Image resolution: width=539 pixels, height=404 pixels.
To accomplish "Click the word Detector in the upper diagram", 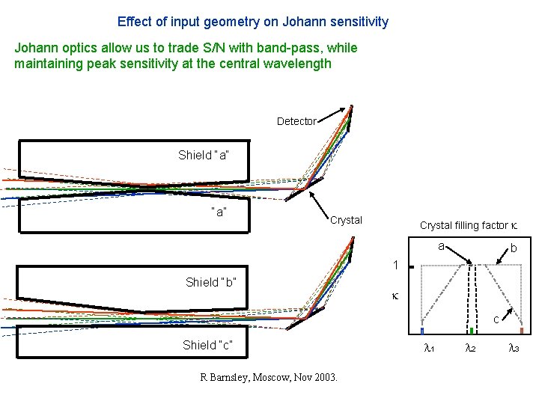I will (x=296, y=121).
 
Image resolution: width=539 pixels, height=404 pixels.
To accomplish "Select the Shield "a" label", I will (x=203, y=155).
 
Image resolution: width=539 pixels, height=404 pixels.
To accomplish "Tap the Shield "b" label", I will (x=211, y=282).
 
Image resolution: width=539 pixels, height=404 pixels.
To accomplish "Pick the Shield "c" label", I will (x=207, y=345).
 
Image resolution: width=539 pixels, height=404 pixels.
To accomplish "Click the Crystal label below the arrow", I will (x=346, y=220).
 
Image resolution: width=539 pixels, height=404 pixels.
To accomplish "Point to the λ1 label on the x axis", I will (x=429, y=348).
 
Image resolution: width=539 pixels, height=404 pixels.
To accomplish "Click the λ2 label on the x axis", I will (x=470, y=348).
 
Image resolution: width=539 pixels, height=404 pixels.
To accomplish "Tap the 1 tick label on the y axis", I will (x=396, y=265).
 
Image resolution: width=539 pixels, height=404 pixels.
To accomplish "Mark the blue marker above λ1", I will (x=422, y=330).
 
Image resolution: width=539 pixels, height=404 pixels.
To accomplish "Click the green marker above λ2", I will (x=471, y=330).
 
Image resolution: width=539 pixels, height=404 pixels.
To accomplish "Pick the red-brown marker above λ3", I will (x=521, y=330).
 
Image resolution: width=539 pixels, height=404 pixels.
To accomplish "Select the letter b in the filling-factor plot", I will (x=513, y=248).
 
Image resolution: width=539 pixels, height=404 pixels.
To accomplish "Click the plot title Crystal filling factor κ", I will (x=469, y=225).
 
